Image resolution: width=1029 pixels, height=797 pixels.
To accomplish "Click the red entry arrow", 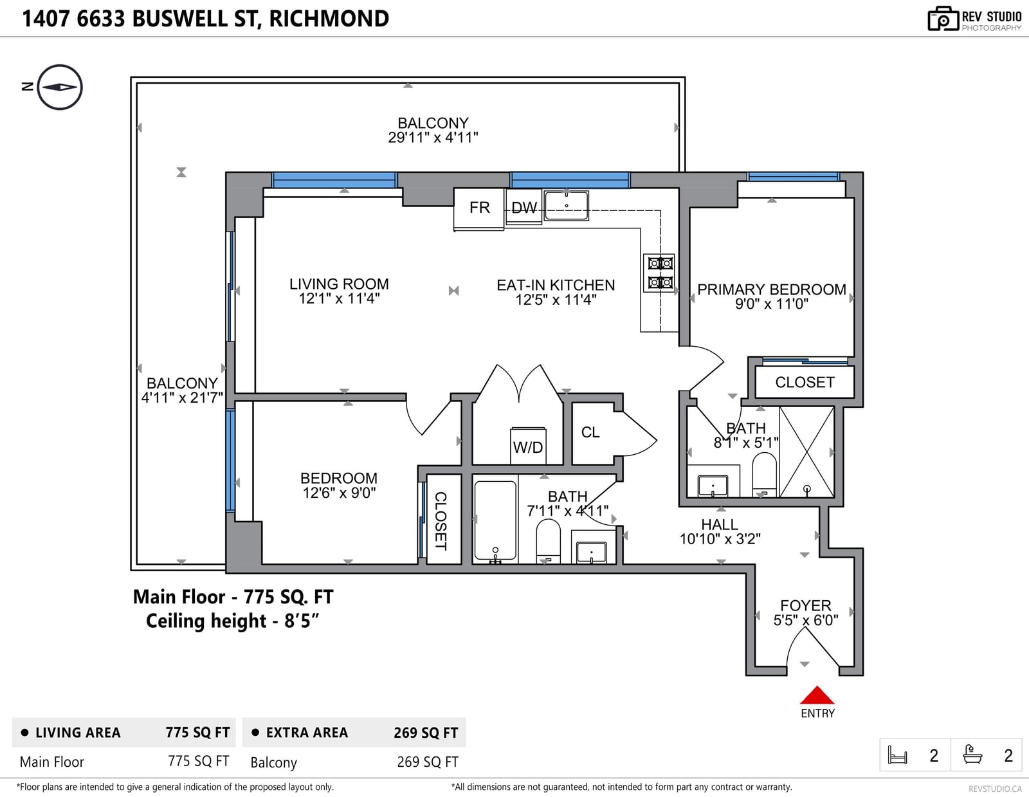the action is (x=817, y=695).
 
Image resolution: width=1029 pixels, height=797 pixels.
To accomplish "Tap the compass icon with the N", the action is (x=60, y=87).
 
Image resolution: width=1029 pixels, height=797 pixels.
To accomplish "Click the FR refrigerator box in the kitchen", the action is (x=478, y=209).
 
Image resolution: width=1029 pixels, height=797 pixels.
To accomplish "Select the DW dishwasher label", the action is (x=524, y=207).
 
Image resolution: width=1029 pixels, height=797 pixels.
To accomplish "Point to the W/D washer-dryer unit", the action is (x=528, y=446).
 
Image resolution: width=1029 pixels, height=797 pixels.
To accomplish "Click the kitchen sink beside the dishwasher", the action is (x=567, y=206).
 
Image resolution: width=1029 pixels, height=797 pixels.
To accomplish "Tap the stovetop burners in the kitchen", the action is (x=660, y=273).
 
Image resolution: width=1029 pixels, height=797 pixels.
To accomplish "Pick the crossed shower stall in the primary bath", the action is (x=806, y=452).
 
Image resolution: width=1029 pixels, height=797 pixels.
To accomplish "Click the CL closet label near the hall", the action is (x=590, y=432).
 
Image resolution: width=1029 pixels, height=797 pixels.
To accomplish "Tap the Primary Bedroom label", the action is (x=771, y=289).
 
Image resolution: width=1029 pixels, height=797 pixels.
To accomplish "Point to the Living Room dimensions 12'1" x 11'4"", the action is (x=339, y=298).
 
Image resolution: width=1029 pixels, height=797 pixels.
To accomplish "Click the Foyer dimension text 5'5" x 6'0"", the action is (x=805, y=620).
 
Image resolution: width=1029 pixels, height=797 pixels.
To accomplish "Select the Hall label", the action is (x=719, y=524).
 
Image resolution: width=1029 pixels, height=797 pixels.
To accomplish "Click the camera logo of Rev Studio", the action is (x=943, y=19).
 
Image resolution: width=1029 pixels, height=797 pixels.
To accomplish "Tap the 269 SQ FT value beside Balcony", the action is (x=427, y=762).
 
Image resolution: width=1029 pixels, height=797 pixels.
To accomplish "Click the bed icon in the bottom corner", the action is (x=897, y=755).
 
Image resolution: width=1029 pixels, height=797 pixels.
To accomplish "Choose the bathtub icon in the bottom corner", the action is (x=972, y=755).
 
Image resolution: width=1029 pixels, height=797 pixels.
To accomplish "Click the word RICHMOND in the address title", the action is (x=329, y=19).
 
